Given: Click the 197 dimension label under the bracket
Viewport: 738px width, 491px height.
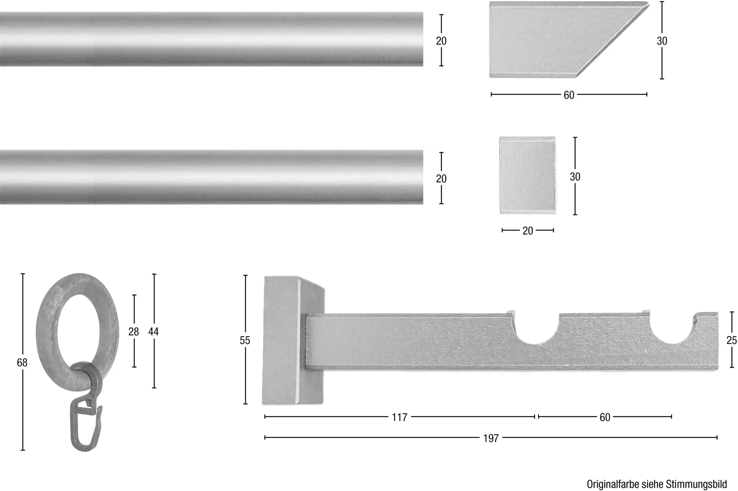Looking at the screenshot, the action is tap(491, 438).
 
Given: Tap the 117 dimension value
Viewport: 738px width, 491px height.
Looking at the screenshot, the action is tap(400, 417).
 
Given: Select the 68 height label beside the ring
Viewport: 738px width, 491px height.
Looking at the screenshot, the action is tap(22, 363).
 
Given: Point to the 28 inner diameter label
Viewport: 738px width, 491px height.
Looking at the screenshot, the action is tap(134, 332).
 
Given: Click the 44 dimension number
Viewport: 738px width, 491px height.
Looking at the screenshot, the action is tap(154, 332).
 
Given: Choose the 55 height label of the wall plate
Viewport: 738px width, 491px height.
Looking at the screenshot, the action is tap(245, 340).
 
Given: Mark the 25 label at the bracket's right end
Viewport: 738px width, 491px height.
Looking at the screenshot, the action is tap(732, 340).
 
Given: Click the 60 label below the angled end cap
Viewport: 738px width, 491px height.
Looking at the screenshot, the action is tap(569, 95).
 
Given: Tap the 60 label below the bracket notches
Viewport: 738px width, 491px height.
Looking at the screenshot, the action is tap(605, 417).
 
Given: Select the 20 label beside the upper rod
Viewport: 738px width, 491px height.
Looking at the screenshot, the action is tap(441, 41).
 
